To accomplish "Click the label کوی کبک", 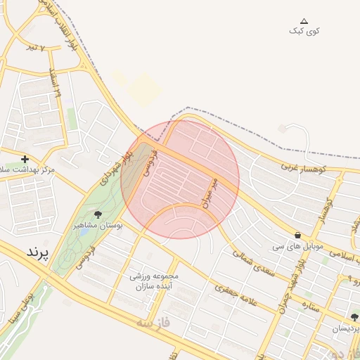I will tap(304, 31).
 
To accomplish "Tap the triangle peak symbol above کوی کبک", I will tap(304, 21).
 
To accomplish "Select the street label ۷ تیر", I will tap(34, 48).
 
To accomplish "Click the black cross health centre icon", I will tap(25, 160).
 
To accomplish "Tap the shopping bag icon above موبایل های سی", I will tap(297, 236).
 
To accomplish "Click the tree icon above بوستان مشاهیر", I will tap(97, 214).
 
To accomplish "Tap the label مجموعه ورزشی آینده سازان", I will tap(154, 281).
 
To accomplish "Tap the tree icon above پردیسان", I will tap(354, 317).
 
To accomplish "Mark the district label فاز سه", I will tap(155, 323).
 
